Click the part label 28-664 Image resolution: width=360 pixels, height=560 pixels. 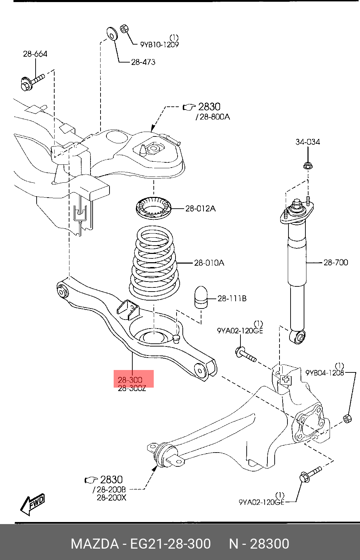pos(35,54)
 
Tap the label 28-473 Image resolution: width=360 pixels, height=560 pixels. pos(143,62)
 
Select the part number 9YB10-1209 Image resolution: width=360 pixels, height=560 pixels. pos(160,45)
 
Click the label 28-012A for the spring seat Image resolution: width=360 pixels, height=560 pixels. pos(200,209)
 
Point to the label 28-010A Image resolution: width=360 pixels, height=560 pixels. pos(209,263)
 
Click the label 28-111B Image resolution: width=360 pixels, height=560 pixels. pos(232,298)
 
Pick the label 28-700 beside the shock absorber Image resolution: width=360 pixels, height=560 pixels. pos(336,262)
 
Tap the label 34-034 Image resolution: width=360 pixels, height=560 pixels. pos(308,142)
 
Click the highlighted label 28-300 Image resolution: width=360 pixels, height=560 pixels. pos(130,380)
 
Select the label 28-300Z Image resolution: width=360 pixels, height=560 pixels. pos(132,389)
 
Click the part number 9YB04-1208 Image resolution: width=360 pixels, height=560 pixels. pos(325,373)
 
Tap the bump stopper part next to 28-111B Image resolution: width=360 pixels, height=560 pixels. pos(201,297)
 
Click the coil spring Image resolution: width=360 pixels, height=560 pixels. pos(154,263)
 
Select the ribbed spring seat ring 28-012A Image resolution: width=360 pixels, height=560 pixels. pos(154,208)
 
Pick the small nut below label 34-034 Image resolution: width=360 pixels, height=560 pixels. pos(308,165)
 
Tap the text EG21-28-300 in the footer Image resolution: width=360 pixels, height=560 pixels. pos(170,544)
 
